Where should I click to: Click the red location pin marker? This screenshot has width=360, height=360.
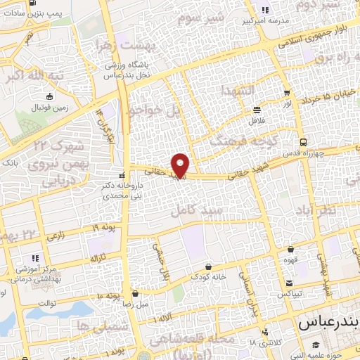[x=181, y=165]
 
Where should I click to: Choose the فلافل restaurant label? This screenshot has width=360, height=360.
[x=257, y=120]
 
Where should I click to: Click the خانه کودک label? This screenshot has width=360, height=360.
[x=210, y=277]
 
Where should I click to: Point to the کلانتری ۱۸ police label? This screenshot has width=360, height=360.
[x=264, y=342]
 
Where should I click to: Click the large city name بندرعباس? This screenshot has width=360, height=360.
[x=329, y=323]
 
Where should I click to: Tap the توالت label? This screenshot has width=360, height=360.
[x=46, y=303]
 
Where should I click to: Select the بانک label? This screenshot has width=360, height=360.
[x=10, y=162]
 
